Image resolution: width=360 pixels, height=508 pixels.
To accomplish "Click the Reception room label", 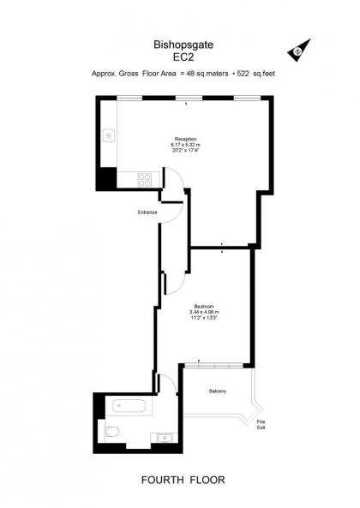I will click(x=185, y=139).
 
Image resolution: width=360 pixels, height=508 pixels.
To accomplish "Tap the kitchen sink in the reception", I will click(x=109, y=136).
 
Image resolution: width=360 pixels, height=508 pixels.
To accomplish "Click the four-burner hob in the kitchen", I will click(x=145, y=181).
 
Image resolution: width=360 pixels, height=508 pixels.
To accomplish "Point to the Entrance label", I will click(x=147, y=212).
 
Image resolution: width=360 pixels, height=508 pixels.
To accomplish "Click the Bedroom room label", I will click(x=204, y=306).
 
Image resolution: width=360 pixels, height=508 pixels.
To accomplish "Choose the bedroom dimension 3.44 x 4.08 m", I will click(x=204, y=312).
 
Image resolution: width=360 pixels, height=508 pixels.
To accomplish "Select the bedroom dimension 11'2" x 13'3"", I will click(x=204, y=318).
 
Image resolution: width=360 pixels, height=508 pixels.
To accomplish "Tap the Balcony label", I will click(x=218, y=391).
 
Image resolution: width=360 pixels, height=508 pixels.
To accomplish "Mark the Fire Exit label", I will click(x=261, y=424).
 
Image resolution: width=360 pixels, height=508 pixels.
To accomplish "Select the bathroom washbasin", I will click(x=165, y=438).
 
